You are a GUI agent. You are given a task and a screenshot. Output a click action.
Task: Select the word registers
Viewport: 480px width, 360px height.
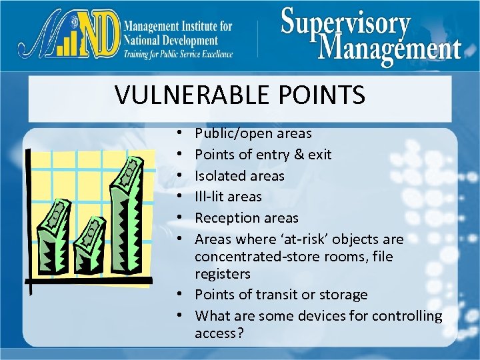(x=223, y=274)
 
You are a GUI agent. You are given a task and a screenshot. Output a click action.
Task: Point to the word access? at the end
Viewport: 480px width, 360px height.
(x=217, y=333)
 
